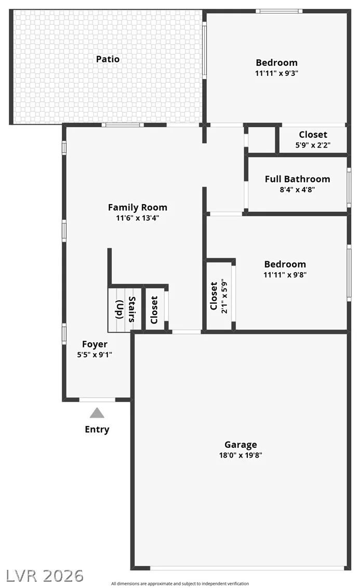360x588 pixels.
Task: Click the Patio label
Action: click(x=108, y=59)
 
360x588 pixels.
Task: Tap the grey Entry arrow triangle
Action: click(x=97, y=413)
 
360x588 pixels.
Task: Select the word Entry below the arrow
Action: click(x=97, y=430)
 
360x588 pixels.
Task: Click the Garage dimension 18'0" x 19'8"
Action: click(x=241, y=455)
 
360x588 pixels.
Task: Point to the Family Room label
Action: click(x=138, y=207)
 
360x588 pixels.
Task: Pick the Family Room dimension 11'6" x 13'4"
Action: click(x=138, y=218)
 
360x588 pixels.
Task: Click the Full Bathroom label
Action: click(x=297, y=179)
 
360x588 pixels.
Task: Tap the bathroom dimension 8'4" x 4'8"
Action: click(x=297, y=190)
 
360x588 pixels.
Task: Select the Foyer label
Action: click(x=95, y=344)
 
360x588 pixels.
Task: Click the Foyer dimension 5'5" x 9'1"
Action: click(x=95, y=355)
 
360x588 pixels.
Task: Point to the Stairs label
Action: click(x=132, y=310)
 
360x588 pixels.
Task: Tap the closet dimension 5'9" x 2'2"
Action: click(x=313, y=145)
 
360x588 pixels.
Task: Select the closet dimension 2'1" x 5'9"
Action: click(x=224, y=296)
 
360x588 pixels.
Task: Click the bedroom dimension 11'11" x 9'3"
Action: click(x=277, y=73)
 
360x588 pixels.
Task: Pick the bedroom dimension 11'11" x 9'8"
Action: click(x=285, y=274)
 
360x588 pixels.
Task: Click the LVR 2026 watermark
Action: click(x=45, y=576)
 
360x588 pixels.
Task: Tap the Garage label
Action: click(x=241, y=445)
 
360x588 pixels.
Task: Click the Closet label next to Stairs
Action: click(x=154, y=310)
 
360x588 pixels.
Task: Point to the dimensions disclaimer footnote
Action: click(x=180, y=583)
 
